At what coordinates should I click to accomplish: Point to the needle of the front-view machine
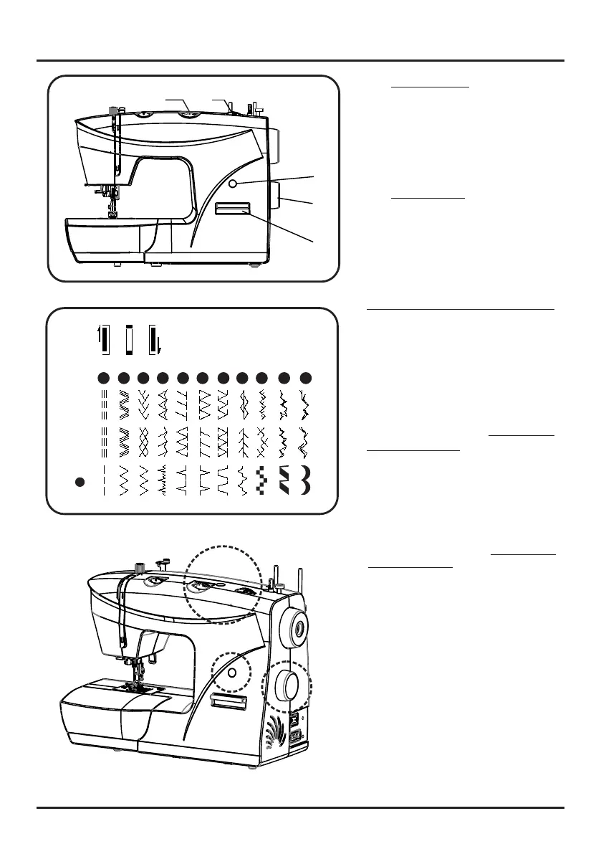(112, 208)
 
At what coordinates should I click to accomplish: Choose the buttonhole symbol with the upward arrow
(102, 339)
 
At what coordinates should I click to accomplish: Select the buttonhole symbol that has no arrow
(129, 339)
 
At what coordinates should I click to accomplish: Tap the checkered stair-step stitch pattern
(262, 481)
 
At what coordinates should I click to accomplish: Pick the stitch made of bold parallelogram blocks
(284, 481)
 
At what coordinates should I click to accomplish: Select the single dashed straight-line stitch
(103, 480)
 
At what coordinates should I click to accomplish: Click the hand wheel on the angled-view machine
(296, 629)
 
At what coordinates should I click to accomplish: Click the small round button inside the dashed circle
(231, 673)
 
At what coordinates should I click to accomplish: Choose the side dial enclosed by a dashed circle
(288, 686)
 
